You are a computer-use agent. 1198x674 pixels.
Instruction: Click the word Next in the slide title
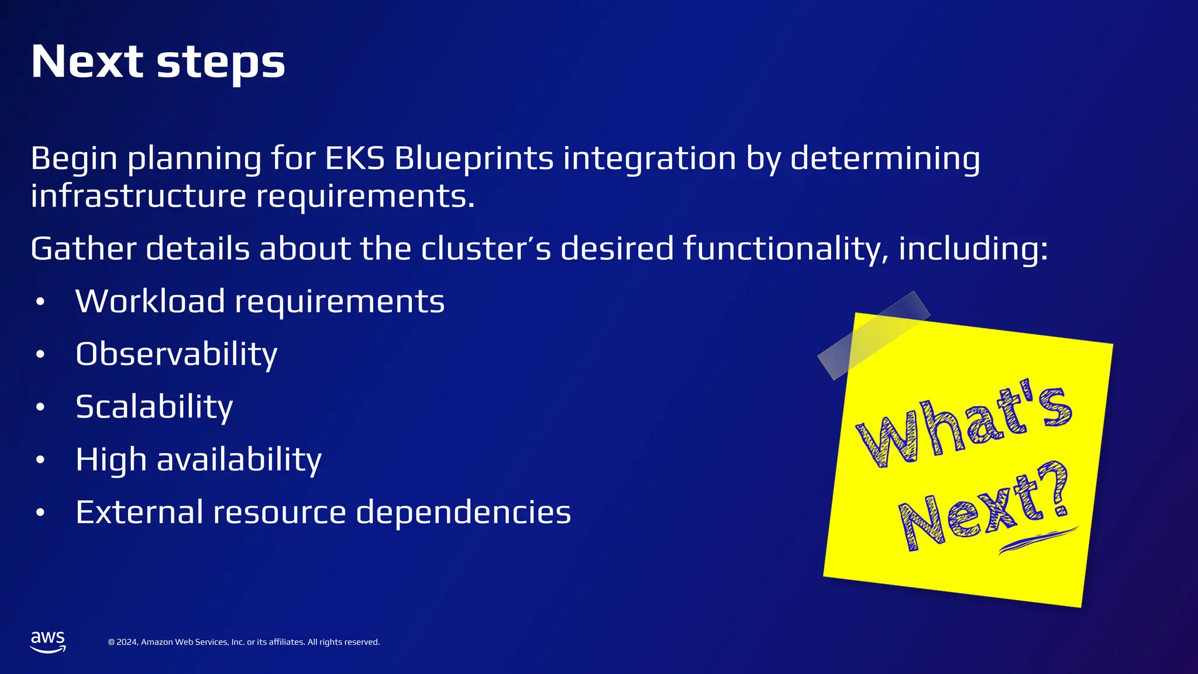coord(87,61)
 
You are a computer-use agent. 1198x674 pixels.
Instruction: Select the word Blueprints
coord(474,159)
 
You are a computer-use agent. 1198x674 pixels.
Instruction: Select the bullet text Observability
coord(176,355)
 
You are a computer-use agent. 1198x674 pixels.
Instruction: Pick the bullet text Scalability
coord(154,407)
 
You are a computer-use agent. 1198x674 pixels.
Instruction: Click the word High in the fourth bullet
coord(111,460)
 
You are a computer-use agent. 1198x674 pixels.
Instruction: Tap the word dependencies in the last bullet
coord(463,513)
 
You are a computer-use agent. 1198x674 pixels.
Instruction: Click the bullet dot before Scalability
coord(40,407)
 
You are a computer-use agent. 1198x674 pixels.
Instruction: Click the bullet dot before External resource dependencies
coord(40,513)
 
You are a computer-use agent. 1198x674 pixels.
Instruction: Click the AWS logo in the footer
coord(47,641)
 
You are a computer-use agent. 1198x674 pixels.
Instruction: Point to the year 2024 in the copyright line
coord(127,642)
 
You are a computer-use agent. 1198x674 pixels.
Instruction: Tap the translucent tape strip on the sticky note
coord(873,335)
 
